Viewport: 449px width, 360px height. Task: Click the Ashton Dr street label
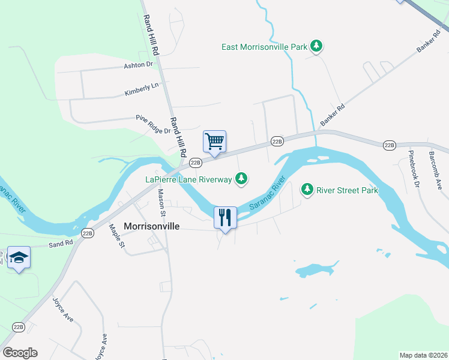(139, 65)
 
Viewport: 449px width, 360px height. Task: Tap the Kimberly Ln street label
(142, 89)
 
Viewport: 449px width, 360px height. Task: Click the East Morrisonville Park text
(264, 46)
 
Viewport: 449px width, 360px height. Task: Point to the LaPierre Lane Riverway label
(188, 179)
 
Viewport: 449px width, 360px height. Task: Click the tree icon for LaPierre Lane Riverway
(241, 178)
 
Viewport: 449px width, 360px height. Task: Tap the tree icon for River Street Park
(307, 190)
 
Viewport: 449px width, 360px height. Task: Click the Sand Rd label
(60, 243)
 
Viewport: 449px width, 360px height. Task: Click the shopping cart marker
(214, 142)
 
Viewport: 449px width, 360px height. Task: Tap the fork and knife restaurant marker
(225, 217)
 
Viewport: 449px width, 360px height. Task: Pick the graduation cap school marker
(19, 257)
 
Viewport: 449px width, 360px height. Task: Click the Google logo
(20, 353)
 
